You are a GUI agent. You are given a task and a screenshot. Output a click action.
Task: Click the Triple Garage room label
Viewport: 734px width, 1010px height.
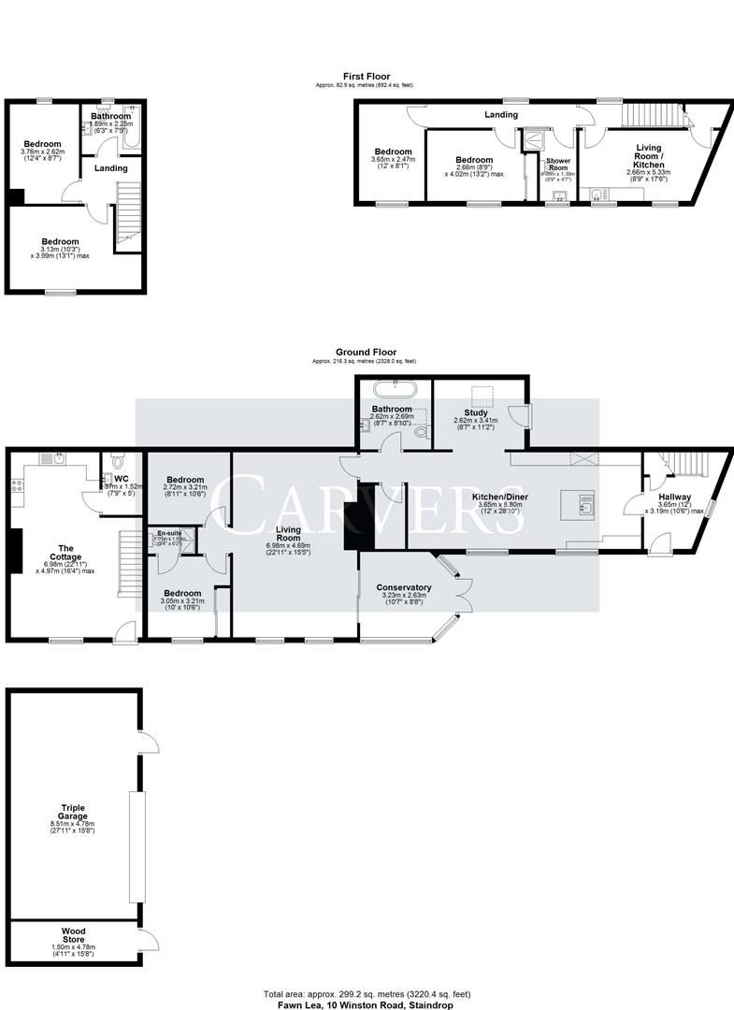[x=74, y=810]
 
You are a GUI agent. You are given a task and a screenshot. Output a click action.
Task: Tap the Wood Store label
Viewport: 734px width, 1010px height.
[x=74, y=931]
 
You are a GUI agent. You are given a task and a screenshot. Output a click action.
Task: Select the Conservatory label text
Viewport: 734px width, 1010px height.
[x=404, y=587]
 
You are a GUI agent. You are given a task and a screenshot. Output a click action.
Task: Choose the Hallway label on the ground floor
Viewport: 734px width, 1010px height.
[x=675, y=498]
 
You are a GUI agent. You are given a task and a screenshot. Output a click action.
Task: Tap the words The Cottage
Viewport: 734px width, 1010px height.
[x=66, y=552]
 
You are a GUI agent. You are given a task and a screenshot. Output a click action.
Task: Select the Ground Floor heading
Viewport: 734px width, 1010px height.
[x=367, y=353]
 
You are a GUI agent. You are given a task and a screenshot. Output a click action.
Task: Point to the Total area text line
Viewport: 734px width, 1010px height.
[x=367, y=993]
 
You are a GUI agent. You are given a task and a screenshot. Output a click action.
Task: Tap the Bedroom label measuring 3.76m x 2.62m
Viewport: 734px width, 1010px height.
[x=42, y=144]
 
